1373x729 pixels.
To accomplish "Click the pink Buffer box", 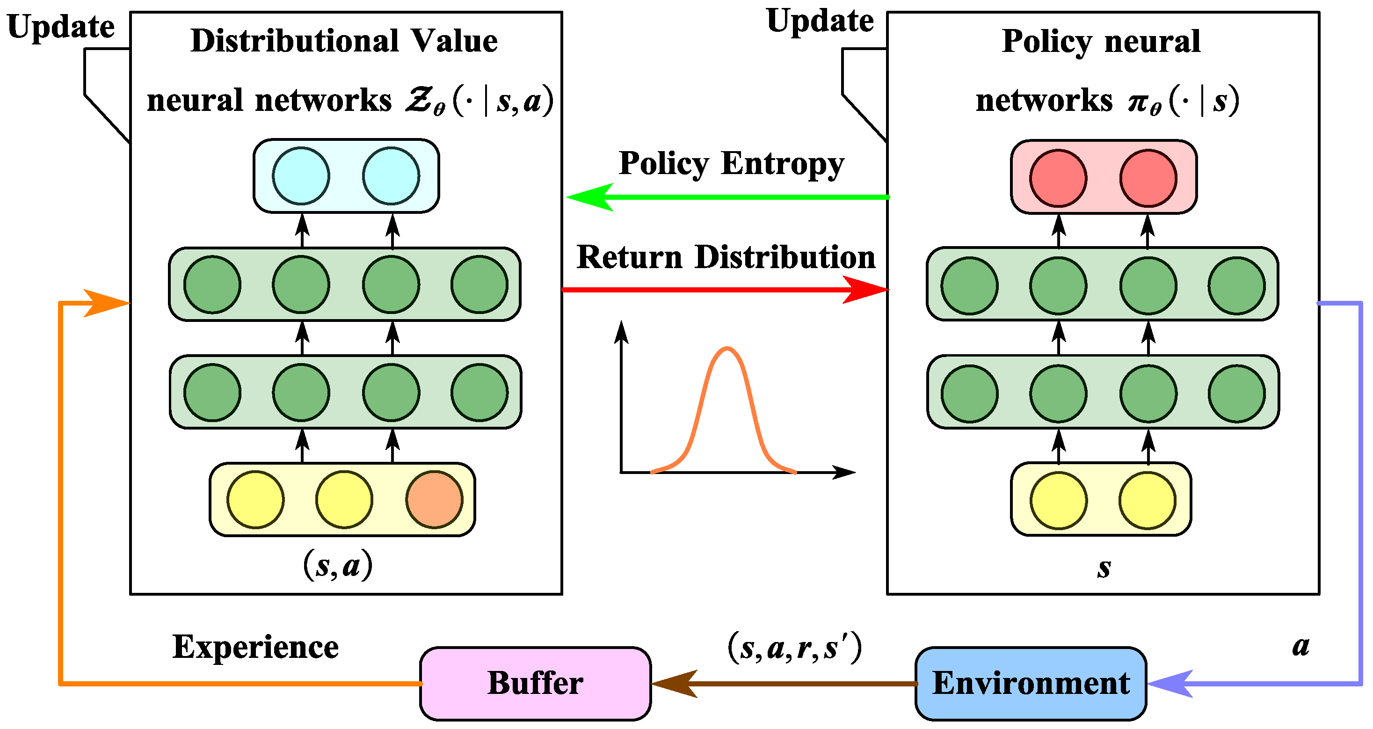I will click(x=535, y=683).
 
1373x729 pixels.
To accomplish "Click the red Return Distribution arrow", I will click(x=725, y=290).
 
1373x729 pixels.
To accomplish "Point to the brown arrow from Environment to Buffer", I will click(x=784, y=683).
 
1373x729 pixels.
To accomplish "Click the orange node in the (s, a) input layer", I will click(x=435, y=500).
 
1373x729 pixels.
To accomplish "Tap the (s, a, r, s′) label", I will click(x=794, y=648).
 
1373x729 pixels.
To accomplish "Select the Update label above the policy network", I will click(x=820, y=22).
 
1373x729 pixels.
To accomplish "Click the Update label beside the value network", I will click(x=61, y=27).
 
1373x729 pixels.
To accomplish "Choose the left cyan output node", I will click(x=301, y=176).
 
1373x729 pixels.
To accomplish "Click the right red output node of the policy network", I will click(x=1148, y=178).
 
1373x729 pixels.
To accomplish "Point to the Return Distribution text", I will click(x=726, y=257).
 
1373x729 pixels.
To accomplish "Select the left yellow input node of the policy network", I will click(x=1059, y=501).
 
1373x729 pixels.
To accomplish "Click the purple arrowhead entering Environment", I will click(x=1170, y=683).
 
